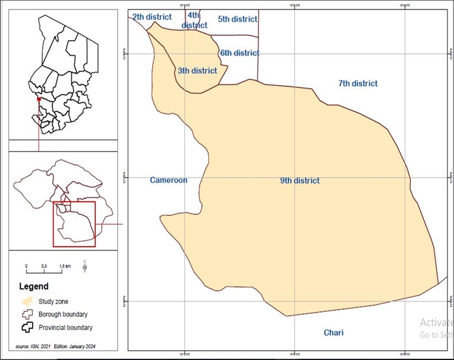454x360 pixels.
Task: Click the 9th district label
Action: coord(300,181)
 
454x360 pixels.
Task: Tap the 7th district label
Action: coord(358,83)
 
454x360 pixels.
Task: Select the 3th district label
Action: coord(197,71)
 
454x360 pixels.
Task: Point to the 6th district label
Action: coord(240,53)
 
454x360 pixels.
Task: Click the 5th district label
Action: coord(238,19)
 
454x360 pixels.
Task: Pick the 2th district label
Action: coord(152,17)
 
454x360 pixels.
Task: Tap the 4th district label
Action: coord(194,20)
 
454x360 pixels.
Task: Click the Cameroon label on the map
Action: coord(168,180)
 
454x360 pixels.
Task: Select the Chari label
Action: coord(334,333)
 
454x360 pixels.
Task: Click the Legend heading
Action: coord(34,286)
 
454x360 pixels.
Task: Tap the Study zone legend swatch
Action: coord(28,302)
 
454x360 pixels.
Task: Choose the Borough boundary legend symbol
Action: coord(28,315)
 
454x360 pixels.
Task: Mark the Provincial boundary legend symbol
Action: coord(28,328)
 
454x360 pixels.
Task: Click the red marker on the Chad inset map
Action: coord(39,99)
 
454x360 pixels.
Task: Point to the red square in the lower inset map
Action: coord(74,224)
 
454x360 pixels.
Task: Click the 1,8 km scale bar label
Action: coord(65,266)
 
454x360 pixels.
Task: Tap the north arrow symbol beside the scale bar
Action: coord(85,266)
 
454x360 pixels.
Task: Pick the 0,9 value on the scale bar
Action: coord(44,266)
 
